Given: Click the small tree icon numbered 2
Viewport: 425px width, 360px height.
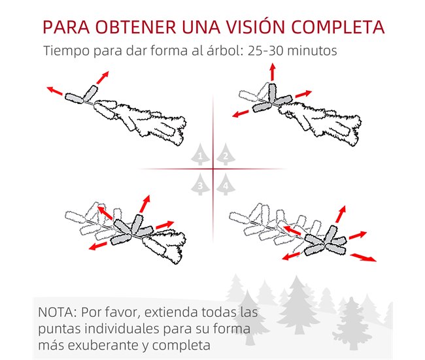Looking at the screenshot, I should pyautogui.click(x=225, y=156).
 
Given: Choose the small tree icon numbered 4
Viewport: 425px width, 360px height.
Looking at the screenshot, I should pyautogui.click(x=225, y=186).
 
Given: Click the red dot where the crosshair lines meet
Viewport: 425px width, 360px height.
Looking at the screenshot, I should pyautogui.click(x=212, y=170).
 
